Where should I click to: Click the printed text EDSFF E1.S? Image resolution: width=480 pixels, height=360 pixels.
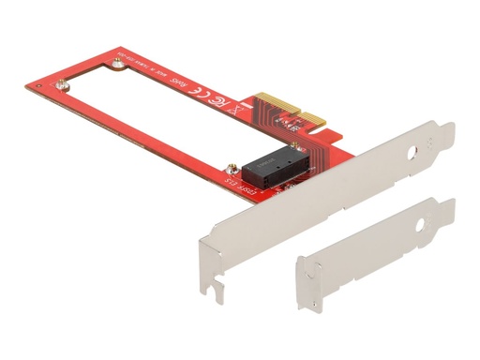coord(240,179)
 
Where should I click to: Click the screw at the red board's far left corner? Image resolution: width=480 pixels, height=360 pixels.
coord(63,88)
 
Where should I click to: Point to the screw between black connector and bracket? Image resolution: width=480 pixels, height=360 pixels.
coord(303,147)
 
